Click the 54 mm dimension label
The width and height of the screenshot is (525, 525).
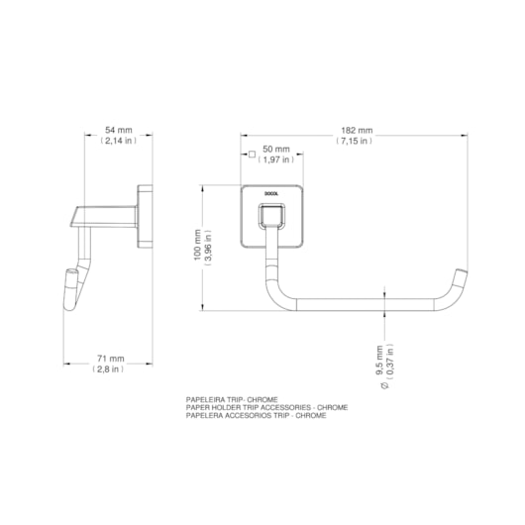click(x=119, y=130)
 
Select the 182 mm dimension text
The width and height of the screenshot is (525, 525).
click(x=357, y=130)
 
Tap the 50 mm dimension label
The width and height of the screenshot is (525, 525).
click(x=276, y=149)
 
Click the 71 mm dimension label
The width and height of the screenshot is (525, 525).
click(x=111, y=359)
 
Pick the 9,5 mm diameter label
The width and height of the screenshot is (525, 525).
click(x=379, y=361)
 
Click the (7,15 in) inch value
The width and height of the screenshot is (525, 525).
click(x=355, y=141)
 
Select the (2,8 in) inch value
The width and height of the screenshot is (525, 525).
click(x=108, y=369)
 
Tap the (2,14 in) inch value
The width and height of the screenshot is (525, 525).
click(x=119, y=141)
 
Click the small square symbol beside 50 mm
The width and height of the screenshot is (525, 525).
click(x=253, y=154)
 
